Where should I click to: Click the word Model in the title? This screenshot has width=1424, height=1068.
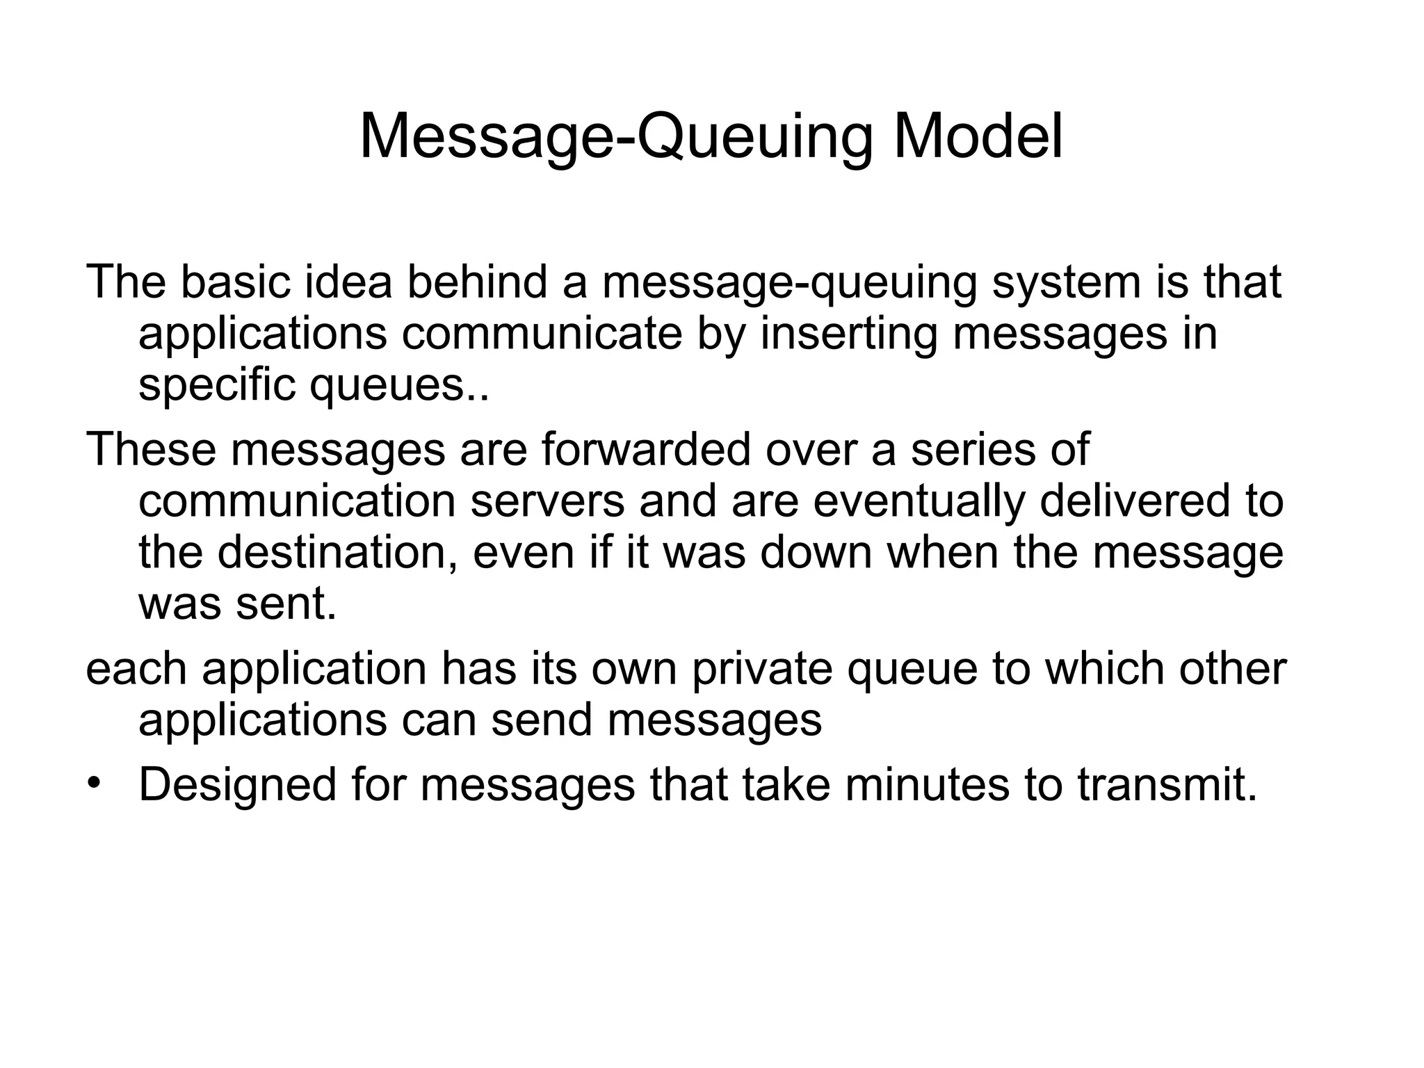(978, 137)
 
